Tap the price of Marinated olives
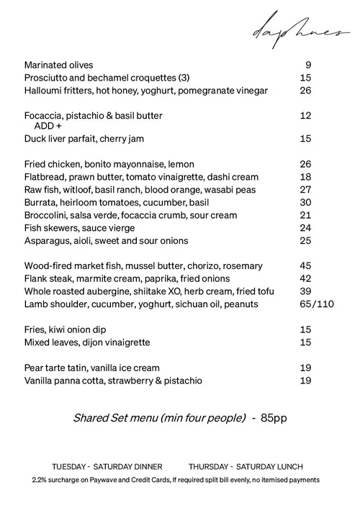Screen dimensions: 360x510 tap(307, 65)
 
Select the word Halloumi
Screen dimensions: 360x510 tap(44, 91)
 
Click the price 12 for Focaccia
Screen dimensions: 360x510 tap(305, 115)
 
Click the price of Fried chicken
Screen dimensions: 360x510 tap(305, 165)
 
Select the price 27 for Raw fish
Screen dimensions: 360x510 tap(305, 190)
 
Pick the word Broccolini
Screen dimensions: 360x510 tap(47, 215)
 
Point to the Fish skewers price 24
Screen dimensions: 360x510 tap(305, 228)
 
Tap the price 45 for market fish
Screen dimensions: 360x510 tap(305, 266)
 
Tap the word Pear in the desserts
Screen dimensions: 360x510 tap(34, 368)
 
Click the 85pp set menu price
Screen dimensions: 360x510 tap(274, 418)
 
